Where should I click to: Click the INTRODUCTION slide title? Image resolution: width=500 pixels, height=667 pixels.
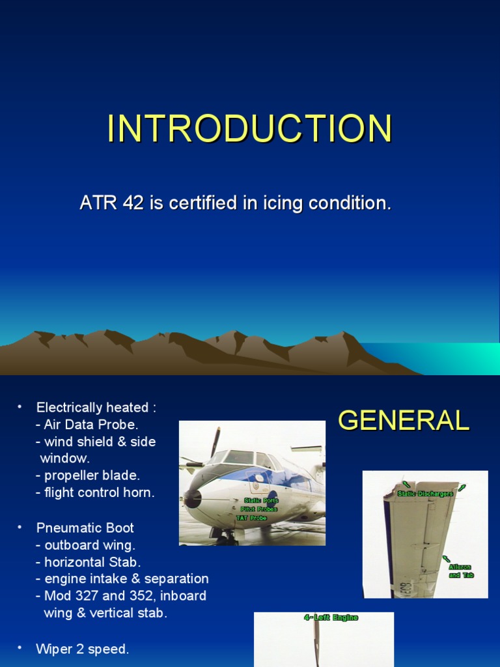coord(249,129)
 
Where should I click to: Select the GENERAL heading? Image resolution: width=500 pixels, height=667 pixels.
coord(403,421)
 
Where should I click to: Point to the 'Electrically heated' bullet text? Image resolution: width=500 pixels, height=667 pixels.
coord(96,408)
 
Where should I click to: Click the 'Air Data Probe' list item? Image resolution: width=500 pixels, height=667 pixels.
coord(90,425)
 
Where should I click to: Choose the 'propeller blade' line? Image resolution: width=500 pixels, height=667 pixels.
coord(92,475)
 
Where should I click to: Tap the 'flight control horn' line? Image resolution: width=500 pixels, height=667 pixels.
coord(99,492)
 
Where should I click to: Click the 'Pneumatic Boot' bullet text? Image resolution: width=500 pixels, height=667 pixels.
coord(85,528)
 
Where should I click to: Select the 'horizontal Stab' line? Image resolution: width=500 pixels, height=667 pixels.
coord(92,561)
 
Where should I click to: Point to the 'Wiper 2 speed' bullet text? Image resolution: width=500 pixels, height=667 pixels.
coord(82,649)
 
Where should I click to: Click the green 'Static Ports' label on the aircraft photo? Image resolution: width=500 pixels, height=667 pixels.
coord(261,500)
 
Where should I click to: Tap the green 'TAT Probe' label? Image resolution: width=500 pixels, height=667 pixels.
coord(251,518)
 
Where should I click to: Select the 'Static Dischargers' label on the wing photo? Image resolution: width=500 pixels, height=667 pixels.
coord(425,494)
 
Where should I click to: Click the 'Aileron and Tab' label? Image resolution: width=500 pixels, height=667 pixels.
coord(460,571)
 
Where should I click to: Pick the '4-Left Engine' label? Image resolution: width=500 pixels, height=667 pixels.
coord(331,617)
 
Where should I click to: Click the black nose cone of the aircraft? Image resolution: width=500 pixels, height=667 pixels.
coord(192,499)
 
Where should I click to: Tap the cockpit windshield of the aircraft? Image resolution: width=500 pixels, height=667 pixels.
coord(238,457)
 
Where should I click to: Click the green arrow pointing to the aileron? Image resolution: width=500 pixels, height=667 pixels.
coord(446,559)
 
